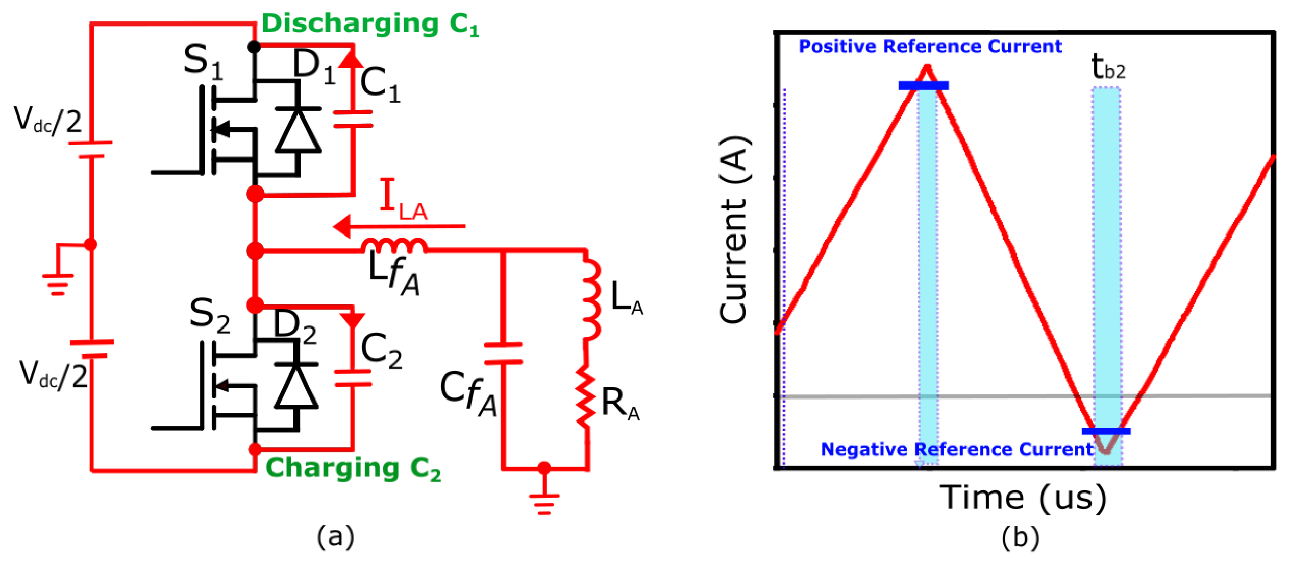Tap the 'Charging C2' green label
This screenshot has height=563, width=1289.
[353, 468]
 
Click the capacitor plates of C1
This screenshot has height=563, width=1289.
[353, 119]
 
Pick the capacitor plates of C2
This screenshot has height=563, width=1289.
[353, 378]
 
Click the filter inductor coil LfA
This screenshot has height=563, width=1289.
[394, 246]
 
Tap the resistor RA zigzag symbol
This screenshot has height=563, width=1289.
[586, 399]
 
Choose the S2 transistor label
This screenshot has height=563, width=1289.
[209, 315]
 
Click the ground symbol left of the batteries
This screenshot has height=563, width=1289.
[58, 283]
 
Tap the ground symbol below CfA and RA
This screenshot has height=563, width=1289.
[544, 503]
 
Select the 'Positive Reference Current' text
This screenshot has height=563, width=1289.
[929, 47]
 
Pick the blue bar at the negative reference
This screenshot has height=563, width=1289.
[1106, 432]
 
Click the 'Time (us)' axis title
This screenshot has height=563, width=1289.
[1023, 497]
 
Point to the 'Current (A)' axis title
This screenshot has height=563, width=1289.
[733, 230]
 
